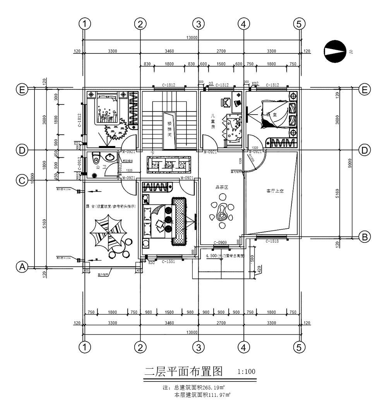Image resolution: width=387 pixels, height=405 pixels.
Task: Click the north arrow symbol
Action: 335,51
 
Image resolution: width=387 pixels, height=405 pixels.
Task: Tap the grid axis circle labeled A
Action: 22,267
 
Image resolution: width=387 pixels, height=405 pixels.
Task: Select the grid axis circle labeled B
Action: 364,237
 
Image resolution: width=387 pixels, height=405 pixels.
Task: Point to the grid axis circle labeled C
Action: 22,180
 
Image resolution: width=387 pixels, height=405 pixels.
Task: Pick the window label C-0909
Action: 220,243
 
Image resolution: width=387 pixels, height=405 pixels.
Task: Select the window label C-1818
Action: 272,241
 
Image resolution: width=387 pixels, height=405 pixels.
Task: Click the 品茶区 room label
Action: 222,187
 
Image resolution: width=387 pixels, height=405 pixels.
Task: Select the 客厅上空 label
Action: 275,191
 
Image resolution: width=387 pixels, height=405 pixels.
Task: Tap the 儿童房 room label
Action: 212,121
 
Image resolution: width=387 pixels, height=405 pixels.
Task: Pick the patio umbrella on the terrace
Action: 107,233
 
